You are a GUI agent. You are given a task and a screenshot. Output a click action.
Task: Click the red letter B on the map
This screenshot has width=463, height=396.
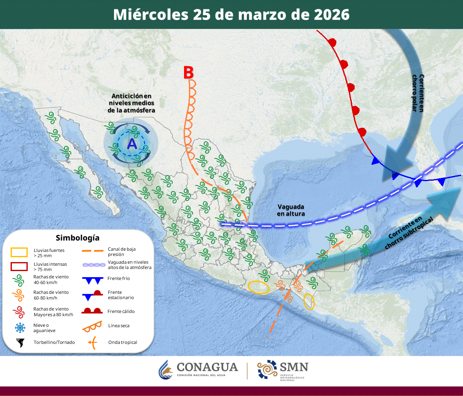click(188, 72)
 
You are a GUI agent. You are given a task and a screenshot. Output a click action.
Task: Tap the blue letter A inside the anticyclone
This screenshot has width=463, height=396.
click(132, 143)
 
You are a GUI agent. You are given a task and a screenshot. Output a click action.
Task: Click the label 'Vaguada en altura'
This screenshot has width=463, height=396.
click(291, 210)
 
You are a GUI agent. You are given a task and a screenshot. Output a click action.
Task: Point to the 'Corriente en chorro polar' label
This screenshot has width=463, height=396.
click(422, 93)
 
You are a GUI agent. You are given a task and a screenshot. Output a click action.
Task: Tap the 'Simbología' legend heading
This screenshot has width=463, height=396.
click(78, 238)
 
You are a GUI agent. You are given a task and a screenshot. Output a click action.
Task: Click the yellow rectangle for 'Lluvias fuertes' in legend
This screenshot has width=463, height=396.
click(19, 252)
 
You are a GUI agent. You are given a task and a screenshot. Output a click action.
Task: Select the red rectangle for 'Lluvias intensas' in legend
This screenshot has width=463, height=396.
click(19, 267)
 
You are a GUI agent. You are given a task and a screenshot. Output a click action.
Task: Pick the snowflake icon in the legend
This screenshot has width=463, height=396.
click(20, 327)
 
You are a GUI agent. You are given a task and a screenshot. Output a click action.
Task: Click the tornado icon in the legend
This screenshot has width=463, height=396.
click(20, 343)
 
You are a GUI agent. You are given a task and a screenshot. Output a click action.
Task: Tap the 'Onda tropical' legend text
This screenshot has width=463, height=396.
click(123, 342)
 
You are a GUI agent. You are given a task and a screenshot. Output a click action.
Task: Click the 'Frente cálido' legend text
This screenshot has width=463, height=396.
click(121, 311)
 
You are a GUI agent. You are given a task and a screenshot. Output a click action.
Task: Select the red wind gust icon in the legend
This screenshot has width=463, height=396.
click(19, 311)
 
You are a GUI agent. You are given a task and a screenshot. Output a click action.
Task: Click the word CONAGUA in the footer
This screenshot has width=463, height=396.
click(207, 367)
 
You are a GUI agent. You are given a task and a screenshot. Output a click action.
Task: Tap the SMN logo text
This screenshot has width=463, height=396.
click(293, 367)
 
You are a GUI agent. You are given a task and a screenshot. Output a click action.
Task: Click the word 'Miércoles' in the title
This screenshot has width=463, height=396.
click(150, 15)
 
